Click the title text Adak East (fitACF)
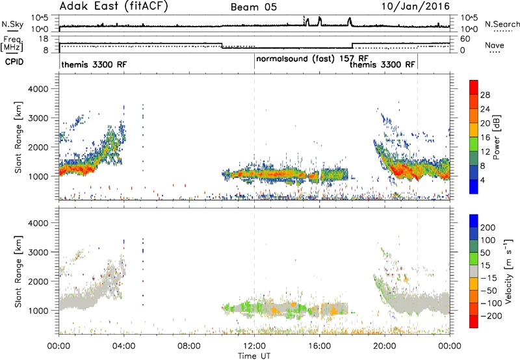113,6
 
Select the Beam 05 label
253,7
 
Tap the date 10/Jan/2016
415,6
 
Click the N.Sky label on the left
12,24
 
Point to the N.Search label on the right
502,24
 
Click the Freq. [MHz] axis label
12,44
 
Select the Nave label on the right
495,45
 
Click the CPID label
14,62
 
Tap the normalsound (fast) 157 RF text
312,58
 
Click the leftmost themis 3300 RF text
94,64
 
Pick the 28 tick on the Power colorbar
485,95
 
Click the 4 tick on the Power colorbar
483,181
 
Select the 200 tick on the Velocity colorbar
488,227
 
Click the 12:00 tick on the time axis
254,346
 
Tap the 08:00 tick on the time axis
189,346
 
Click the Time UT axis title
254,356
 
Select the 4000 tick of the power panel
38,89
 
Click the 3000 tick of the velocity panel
38,252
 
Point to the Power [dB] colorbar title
497,137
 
